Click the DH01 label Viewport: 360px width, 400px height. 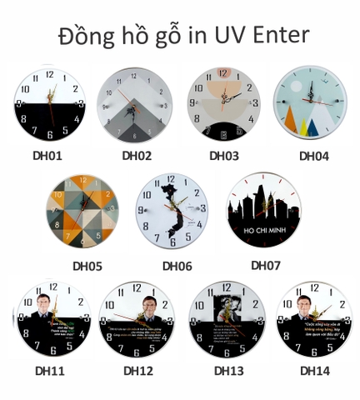pos(48,155)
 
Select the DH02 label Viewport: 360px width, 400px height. pos(137,155)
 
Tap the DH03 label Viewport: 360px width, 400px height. pos(224,155)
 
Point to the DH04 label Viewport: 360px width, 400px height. pos(314,155)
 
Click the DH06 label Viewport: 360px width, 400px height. pos(177,267)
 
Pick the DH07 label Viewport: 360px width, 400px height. pos(266,265)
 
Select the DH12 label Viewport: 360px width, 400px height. pos(138,370)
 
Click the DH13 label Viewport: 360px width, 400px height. pos(228,370)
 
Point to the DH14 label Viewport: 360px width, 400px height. pos(315,370)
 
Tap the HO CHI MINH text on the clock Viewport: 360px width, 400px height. pos(264,227)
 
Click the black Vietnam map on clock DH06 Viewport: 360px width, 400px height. pos(172,208)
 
